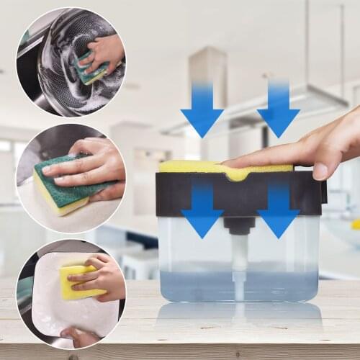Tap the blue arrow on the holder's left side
click(x=202, y=209)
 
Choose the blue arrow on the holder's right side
click(x=278, y=209)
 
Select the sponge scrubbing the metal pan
click(x=92, y=68)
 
